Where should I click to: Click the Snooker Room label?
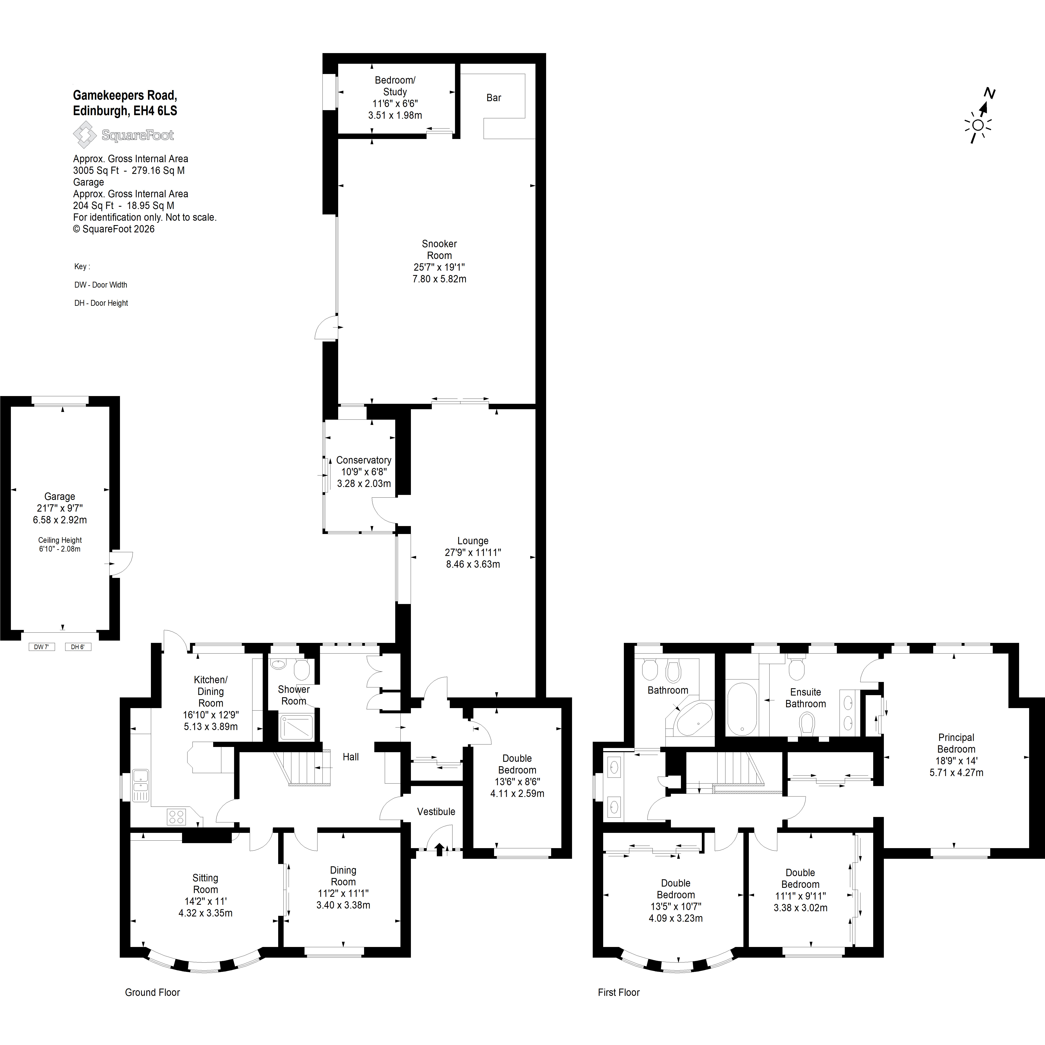pos(439,249)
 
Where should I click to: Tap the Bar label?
pos(493,98)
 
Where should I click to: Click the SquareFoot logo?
pos(123,135)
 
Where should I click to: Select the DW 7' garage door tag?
pos(42,647)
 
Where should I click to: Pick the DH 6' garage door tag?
pos(78,647)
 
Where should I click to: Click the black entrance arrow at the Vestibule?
pos(439,850)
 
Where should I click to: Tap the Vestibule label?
pos(436,811)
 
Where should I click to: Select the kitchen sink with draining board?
pos(140,785)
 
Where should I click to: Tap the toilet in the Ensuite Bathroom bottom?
pos(807,723)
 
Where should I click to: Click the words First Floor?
pos(619,993)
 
